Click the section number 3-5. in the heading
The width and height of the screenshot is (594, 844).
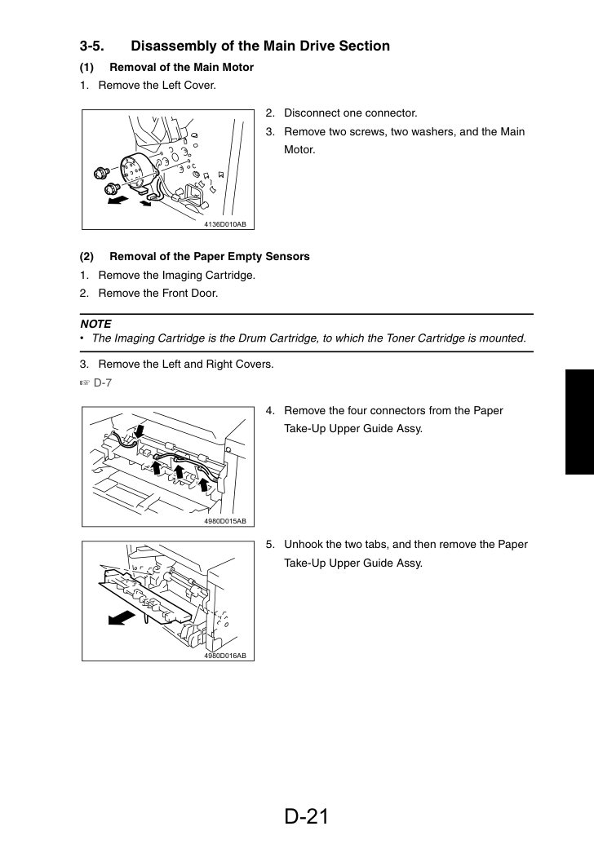click(91, 46)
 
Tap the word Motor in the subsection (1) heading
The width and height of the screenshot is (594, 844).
click(237, 68)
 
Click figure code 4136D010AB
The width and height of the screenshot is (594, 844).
click(224, 224)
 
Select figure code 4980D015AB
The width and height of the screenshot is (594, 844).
click(224, 521)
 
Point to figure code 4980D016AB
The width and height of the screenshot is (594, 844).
click(224, 656)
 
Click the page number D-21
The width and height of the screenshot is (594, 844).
click(306, 816)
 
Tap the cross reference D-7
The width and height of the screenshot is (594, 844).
click(102, 382)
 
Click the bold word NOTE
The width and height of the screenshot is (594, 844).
click(95, 324)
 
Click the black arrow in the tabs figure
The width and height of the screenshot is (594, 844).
click(122, 617)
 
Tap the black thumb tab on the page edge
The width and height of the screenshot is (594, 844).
click(579, 422)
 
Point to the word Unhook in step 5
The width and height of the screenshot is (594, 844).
click(304, 544)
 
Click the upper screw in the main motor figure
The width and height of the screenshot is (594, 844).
click(100, 172)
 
